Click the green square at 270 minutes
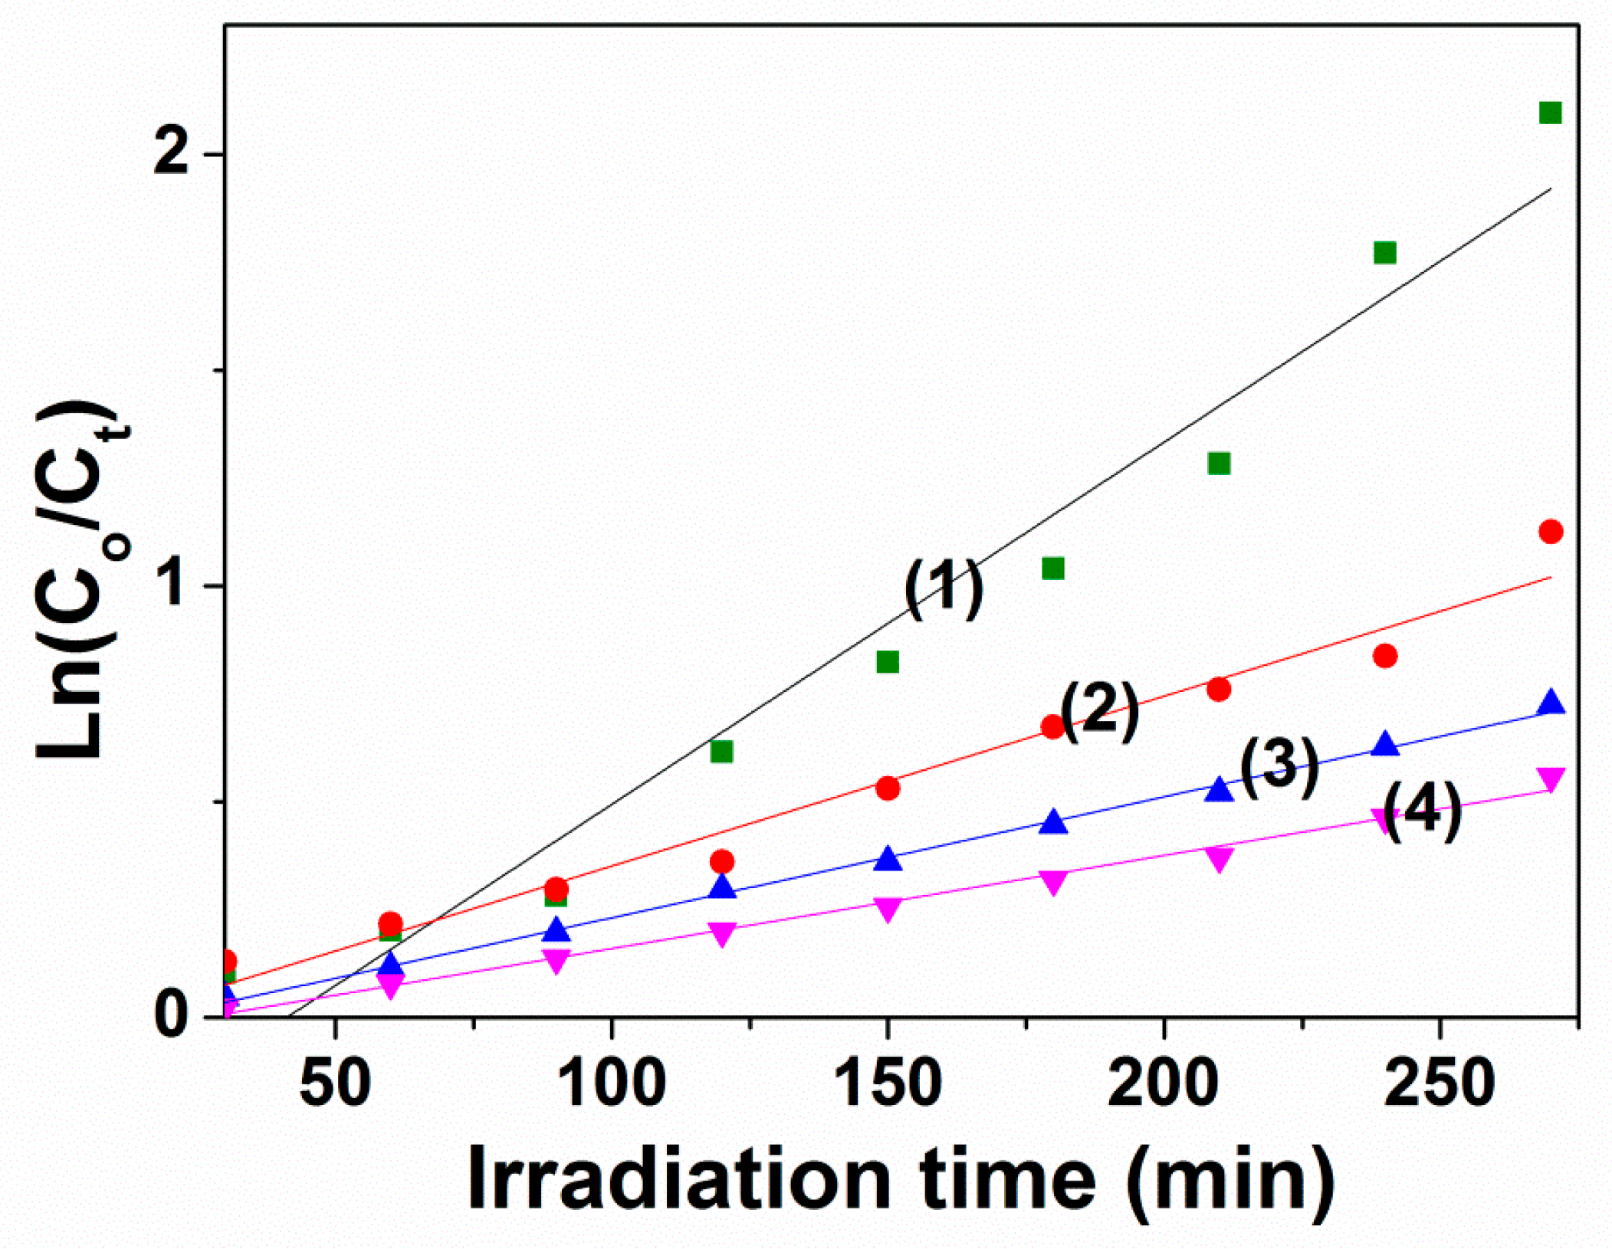coord(1550,113)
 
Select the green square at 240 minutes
coord(1384,252)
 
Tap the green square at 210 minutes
coord(1219,463)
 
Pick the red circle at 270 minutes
coord(1551,531)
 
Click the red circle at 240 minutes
coord(1384,656)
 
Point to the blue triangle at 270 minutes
coord(1551,703)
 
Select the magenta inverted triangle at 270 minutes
coord(1551,779)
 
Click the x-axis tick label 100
coord(611,1083)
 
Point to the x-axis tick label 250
coord(1440,1083)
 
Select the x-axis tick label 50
coord(335,1083)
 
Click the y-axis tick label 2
coord(171,154)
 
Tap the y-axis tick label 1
coord(175,586)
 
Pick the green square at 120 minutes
coord(721,751)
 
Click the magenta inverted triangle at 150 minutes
coord(887,909)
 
